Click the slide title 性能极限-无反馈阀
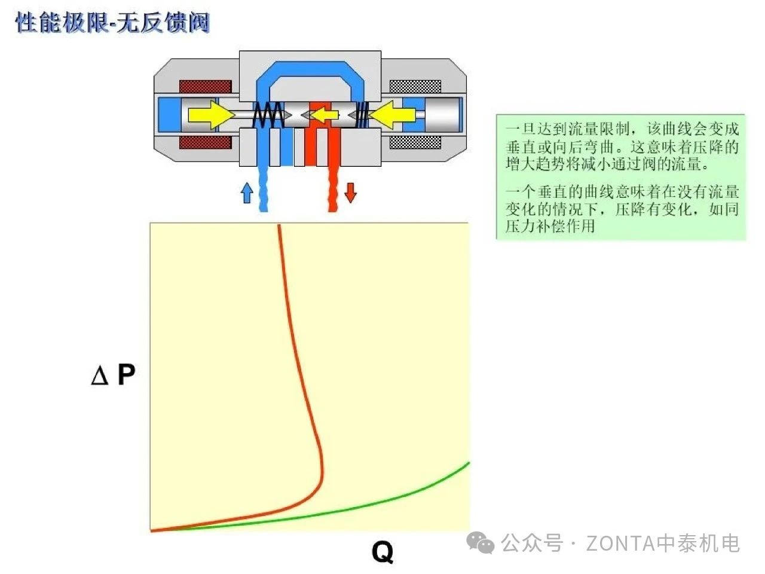pos(112,23)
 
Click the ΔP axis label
pos(114,375)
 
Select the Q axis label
pos(382,551)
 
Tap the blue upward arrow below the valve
pos(246,193)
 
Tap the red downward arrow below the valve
pos(350,193)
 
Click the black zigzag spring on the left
pos(268,114)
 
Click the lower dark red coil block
pos(205,142)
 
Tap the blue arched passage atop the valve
pos(310,69)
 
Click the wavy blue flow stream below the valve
pos(263,188)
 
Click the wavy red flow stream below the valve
pos(333,188)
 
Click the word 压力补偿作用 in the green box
pos(550,226)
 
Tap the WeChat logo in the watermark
pos(481,543)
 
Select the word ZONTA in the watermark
pos(620,544)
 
